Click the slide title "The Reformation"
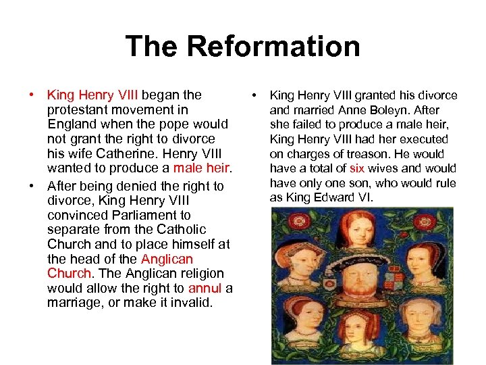click(x=242, y=47)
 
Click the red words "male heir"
click(x=202, y=168)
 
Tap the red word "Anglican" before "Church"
click(x=167, y=259)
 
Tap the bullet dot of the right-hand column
click(x=254, y=95)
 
